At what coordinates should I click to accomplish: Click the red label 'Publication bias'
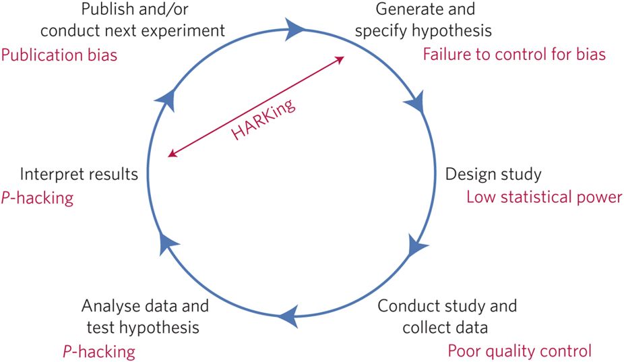pos(59,55)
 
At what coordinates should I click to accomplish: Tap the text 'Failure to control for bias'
pos(514,54)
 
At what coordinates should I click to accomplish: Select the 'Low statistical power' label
pos(544,197)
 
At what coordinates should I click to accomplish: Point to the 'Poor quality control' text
pos(520,351)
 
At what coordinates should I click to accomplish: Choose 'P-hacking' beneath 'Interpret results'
pos(37,198)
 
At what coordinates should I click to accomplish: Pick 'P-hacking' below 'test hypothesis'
pos(98,351)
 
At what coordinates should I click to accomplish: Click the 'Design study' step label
pos(493,174)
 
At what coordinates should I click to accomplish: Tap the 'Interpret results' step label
pos(79,174)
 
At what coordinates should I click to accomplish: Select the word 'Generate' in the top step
pos(404,9)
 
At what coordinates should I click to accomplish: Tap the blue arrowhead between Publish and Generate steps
pos(295,28)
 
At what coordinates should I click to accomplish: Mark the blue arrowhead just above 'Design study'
pos(414,102)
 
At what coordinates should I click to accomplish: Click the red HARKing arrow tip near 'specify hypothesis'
pos(342,59)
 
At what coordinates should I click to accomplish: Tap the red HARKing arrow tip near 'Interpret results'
pos(172,155)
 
